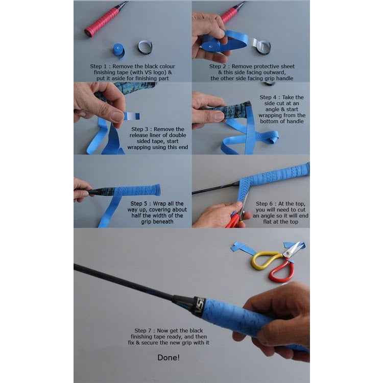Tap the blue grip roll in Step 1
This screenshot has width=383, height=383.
(x=119, y=51)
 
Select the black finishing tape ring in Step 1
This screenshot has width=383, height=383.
(x=145, y=47)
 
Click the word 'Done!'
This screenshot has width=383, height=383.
(x=169, y=357)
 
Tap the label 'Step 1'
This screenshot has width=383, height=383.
(x=99, y=66)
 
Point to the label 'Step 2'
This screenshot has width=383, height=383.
(x=218, y=66)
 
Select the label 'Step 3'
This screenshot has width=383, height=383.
(x=140, y=129)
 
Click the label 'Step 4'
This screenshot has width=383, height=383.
(x=268, y=97)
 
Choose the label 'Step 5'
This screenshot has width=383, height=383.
(x=139, y=203)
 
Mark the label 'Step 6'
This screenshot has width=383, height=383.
(x=265, y=204)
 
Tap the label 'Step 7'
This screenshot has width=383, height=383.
(x=143, y=331)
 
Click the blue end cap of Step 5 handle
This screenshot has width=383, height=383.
(x=158, y=190)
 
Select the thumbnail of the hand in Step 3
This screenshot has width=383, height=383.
(x=116, y=116)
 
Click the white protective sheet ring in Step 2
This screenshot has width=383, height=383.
(x=261, y=46)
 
